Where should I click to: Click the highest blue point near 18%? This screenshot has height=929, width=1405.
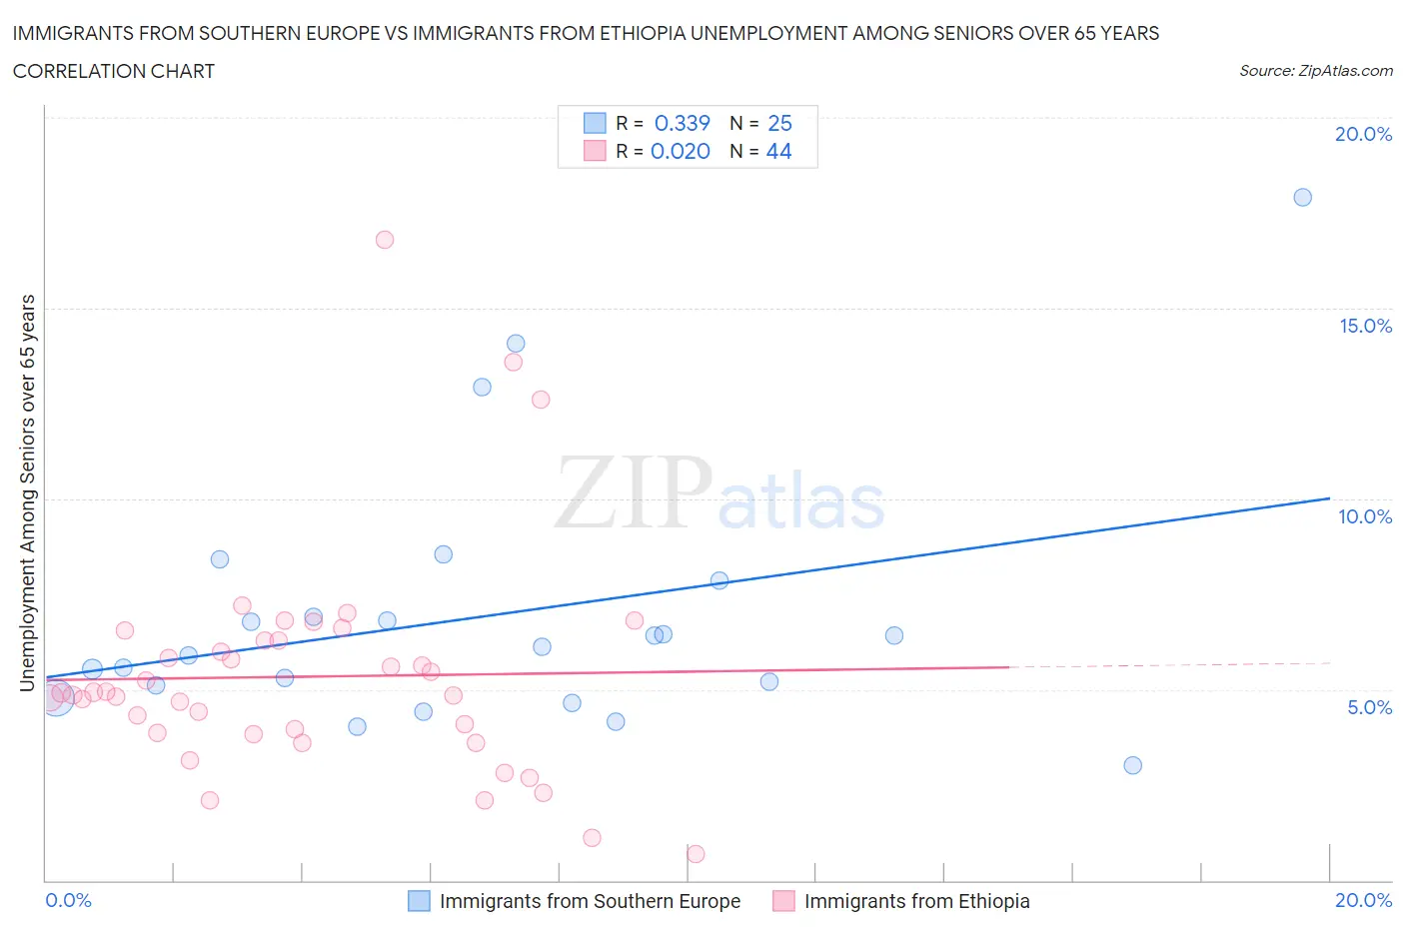point(1302,198)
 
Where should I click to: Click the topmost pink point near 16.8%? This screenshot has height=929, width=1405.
point(385,240)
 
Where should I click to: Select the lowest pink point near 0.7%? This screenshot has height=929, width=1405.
point(696,854)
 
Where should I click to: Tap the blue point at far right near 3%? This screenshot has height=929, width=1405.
point(1132,765)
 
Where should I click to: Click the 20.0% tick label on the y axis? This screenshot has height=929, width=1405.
point(1363,134)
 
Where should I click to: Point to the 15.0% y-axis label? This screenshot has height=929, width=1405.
point(1365,326)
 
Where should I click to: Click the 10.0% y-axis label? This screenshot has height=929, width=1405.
point(1365,516)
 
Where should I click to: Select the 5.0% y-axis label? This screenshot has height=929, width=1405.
point(1369,707)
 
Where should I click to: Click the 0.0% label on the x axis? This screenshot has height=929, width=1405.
point(69,900)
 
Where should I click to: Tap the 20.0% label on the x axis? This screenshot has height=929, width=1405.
point(1363,900)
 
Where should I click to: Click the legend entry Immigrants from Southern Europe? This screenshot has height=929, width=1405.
point(590,901)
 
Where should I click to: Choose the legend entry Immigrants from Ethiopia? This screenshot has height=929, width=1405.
point(916,901)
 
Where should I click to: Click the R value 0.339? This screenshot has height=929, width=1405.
point(682,123)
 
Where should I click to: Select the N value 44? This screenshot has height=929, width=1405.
point(778,151)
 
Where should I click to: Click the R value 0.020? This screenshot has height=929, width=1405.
point(681,151)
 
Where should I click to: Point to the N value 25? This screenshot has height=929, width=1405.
point(779,123)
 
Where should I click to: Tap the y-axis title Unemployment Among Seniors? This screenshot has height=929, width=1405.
point(27,492)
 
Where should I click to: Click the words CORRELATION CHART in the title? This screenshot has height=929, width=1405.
point(114,71)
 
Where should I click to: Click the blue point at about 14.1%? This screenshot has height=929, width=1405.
point(516,344)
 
